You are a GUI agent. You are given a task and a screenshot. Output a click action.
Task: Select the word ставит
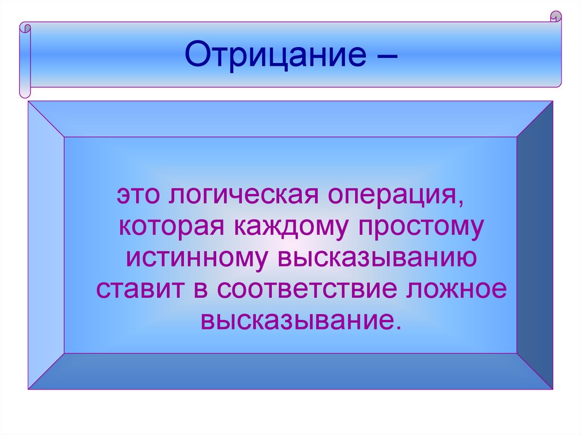(137, 289)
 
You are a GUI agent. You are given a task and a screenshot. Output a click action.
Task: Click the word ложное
(454, 289)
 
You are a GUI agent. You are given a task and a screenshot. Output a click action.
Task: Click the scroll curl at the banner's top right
(555, 17)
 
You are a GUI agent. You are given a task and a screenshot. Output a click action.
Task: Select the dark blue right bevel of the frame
(535, 244)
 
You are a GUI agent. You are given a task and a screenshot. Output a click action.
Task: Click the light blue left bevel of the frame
(46, 244)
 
